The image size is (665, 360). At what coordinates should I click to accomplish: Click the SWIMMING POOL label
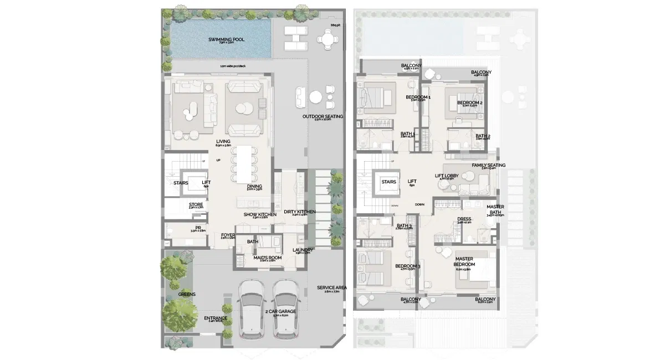point(226,39)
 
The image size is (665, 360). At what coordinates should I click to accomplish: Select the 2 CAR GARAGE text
point(280,311)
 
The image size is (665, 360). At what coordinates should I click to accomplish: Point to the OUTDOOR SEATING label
point(323,116)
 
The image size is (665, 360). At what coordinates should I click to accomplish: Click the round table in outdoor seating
point(315,96)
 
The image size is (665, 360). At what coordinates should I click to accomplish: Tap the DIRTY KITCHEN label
point(299,212)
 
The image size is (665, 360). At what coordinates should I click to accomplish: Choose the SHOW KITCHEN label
point(260,214)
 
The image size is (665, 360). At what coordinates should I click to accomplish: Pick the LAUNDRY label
point(303,249)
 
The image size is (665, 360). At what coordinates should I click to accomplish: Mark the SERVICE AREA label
point(332,287)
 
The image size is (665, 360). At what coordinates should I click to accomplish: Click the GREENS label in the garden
point(187,294)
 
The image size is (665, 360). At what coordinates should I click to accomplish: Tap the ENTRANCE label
point(216,318)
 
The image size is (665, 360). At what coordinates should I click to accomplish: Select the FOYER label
point(228,235)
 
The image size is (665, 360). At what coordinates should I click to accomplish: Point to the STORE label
point(196,204)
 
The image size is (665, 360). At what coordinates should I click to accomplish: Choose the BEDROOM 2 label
point(470,102)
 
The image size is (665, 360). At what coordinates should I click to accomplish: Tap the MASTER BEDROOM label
point(465,261)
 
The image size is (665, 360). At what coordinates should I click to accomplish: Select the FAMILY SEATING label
point(488,165)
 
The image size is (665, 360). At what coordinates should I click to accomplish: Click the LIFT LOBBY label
point(447,176)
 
